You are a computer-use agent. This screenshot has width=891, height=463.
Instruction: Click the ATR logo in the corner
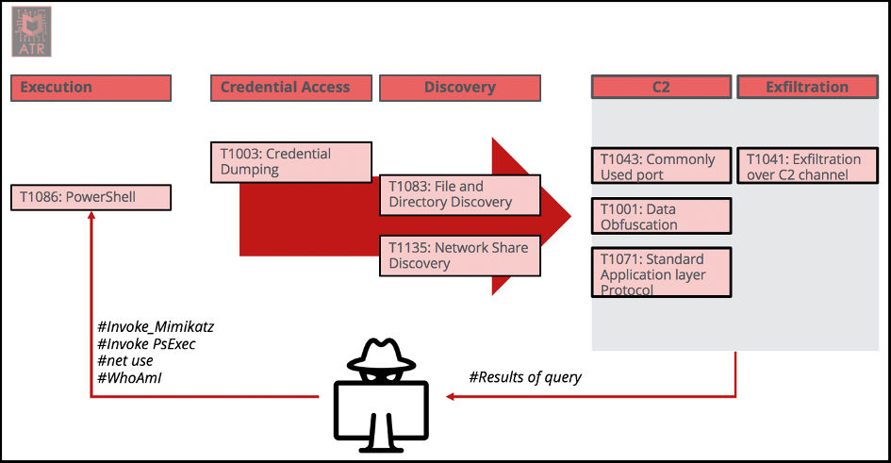[31, 30]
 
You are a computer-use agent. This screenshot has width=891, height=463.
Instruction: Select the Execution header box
[91, 88]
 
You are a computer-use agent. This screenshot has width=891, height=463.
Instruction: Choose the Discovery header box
[460, 88]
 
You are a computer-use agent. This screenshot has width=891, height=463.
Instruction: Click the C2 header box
[661, 88]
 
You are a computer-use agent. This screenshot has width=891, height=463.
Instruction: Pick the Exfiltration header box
[807, 88]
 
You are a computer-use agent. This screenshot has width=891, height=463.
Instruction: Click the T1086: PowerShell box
[91, 197]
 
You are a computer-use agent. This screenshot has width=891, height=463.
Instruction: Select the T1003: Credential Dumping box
[290, 162]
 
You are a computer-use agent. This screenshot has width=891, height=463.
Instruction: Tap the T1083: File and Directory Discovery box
[460, 194]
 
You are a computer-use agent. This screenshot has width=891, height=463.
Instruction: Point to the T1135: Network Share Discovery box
[460, 256]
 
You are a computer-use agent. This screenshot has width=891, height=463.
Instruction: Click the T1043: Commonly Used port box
[661, 167]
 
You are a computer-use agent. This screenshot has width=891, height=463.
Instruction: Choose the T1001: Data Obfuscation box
[661, 216]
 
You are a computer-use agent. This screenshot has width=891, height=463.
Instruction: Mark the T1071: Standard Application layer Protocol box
[661, 273]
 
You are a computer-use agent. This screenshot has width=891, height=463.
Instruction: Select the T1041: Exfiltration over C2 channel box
[807, 167]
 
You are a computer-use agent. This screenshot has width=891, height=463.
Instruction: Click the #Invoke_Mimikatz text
[157, 327]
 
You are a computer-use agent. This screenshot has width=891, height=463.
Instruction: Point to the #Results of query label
[525, 377]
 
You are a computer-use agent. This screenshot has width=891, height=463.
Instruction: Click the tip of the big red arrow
[569, 217]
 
